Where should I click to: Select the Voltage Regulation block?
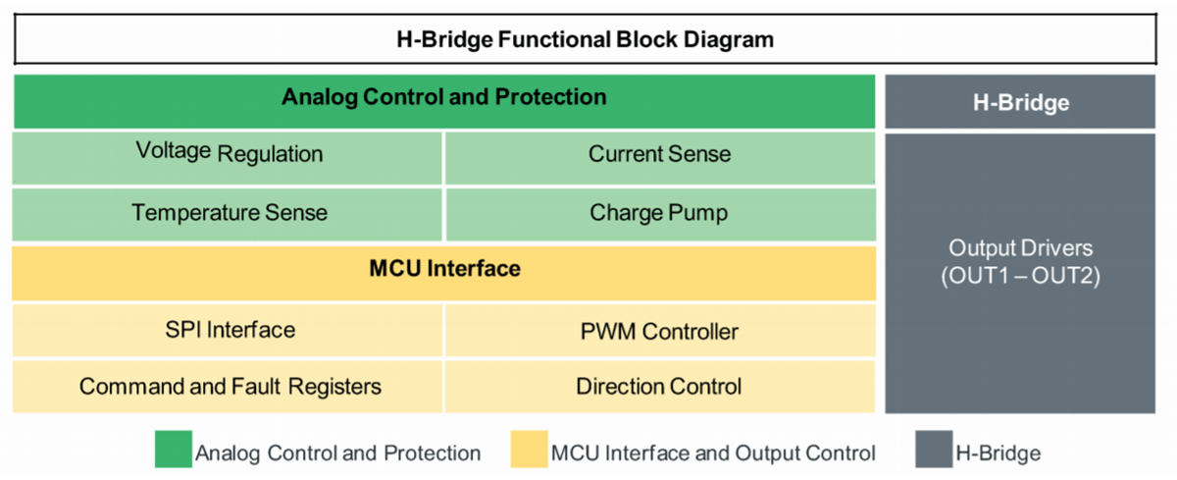(228, 154)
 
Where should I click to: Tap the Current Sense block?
(659, 154)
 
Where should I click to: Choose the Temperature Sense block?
(228, 213)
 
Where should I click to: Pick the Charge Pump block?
(659, 213)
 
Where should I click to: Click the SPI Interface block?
(228, 330)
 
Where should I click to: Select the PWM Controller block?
(659, 331)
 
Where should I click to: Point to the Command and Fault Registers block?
(228, 387)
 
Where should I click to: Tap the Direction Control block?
(659, 387)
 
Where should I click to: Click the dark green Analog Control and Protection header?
(443, 98)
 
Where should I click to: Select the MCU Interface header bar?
(443, 268)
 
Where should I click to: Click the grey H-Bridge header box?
(1020, 102)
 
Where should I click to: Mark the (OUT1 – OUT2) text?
(1020, 277)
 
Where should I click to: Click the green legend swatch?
(174, 451)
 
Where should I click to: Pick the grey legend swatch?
(934, 451)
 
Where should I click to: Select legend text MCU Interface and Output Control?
(713, 453)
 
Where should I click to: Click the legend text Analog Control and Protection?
(337, 453)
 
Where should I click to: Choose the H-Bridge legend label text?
(998, 453)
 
